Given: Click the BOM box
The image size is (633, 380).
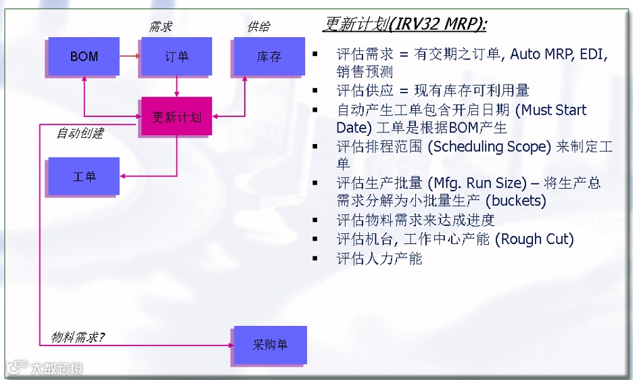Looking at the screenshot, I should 84,56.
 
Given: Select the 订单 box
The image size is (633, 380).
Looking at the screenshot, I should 177,56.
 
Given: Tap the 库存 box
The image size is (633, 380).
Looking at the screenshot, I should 269,56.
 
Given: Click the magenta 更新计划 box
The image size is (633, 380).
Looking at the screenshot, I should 177,116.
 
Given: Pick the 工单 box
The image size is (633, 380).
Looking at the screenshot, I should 84,176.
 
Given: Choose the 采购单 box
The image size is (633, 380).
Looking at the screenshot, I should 270,345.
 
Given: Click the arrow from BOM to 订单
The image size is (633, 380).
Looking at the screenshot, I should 129,56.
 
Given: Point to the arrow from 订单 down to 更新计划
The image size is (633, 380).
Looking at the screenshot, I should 177,86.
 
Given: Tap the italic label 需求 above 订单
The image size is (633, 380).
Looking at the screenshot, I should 161,27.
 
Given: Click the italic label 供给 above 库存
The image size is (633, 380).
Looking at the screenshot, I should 258,27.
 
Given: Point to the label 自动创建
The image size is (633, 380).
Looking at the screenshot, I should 80,133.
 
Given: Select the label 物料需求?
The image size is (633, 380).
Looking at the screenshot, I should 78,337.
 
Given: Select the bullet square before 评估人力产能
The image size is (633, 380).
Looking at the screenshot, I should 315,258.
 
